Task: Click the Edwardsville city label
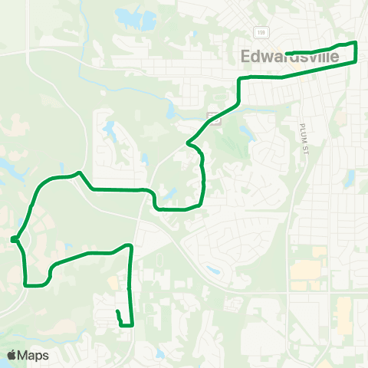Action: (301, 57)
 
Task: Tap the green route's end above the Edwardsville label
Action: (287, 53)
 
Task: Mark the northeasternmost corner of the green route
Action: (356, 43)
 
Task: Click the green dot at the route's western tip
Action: (15, 240)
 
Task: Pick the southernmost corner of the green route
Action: (132, 325)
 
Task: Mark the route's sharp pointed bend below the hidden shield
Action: (189, 142)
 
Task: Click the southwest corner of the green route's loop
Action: (28, 284)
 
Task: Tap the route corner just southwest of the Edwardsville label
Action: (241, 80)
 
